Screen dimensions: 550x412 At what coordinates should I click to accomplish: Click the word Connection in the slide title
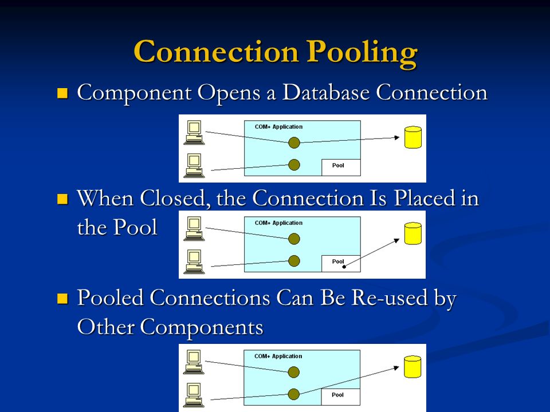tap(216, 51)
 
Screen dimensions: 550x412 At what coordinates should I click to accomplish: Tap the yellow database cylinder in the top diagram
tap(413, 137)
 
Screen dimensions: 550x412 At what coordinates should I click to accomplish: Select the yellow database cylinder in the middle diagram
tap(413, 233)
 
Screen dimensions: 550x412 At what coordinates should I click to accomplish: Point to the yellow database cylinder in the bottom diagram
tap(412, 367)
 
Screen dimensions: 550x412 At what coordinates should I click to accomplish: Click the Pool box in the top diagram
tap(341, 167)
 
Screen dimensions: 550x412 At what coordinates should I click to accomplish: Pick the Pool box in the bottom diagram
tap(340, 397)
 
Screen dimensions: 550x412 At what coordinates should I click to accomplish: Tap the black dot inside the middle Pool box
tap(344, 267)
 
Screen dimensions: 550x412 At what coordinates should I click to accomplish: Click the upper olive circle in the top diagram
tap(294, 142)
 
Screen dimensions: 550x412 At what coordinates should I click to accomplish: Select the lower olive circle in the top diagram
tap(294, 165)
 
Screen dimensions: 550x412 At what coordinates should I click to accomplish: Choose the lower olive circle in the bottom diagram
tap(293, 394)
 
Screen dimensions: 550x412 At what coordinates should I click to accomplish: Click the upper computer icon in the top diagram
tap(194, 132)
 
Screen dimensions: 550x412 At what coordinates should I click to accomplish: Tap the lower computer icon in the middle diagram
tap(194, 262)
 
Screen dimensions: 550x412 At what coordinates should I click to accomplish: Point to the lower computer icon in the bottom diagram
tap(194, 395)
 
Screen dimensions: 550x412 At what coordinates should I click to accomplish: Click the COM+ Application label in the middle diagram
tap(278, 223)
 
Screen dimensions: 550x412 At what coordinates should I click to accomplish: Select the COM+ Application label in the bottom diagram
tap(278, 356)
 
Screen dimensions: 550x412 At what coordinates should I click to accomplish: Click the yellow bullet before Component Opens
tap(62, 93)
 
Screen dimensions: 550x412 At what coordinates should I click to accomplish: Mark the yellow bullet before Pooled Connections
tap(62, 299)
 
